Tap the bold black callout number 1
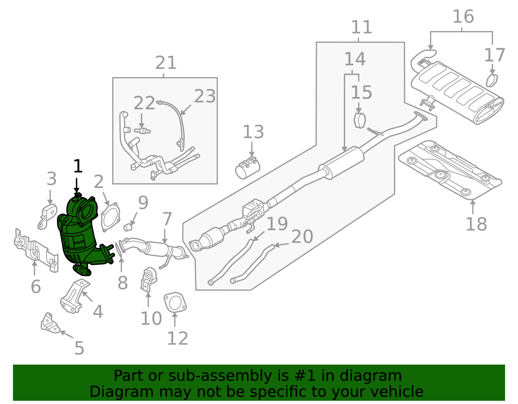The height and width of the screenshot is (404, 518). [x=78, y=167]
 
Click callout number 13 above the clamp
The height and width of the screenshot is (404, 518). [x=253, y=132]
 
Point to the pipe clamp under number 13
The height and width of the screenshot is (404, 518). [x=248, y=168]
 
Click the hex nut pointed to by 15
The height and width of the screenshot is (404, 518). [x=359, y=121]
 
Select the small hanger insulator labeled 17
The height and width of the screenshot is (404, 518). [x=492, y=81]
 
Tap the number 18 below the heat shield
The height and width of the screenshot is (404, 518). [x=476, y=224]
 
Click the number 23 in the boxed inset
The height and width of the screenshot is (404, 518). [x=205, y=96]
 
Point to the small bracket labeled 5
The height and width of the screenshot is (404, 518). [x=50, y=323]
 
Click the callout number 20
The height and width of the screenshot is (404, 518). [x=302, y=237]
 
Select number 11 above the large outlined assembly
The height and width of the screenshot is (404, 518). [x=361, y=27]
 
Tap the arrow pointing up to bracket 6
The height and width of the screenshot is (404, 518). [x=34, y=267]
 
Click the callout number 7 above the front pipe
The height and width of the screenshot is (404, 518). [x=167, y=219]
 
